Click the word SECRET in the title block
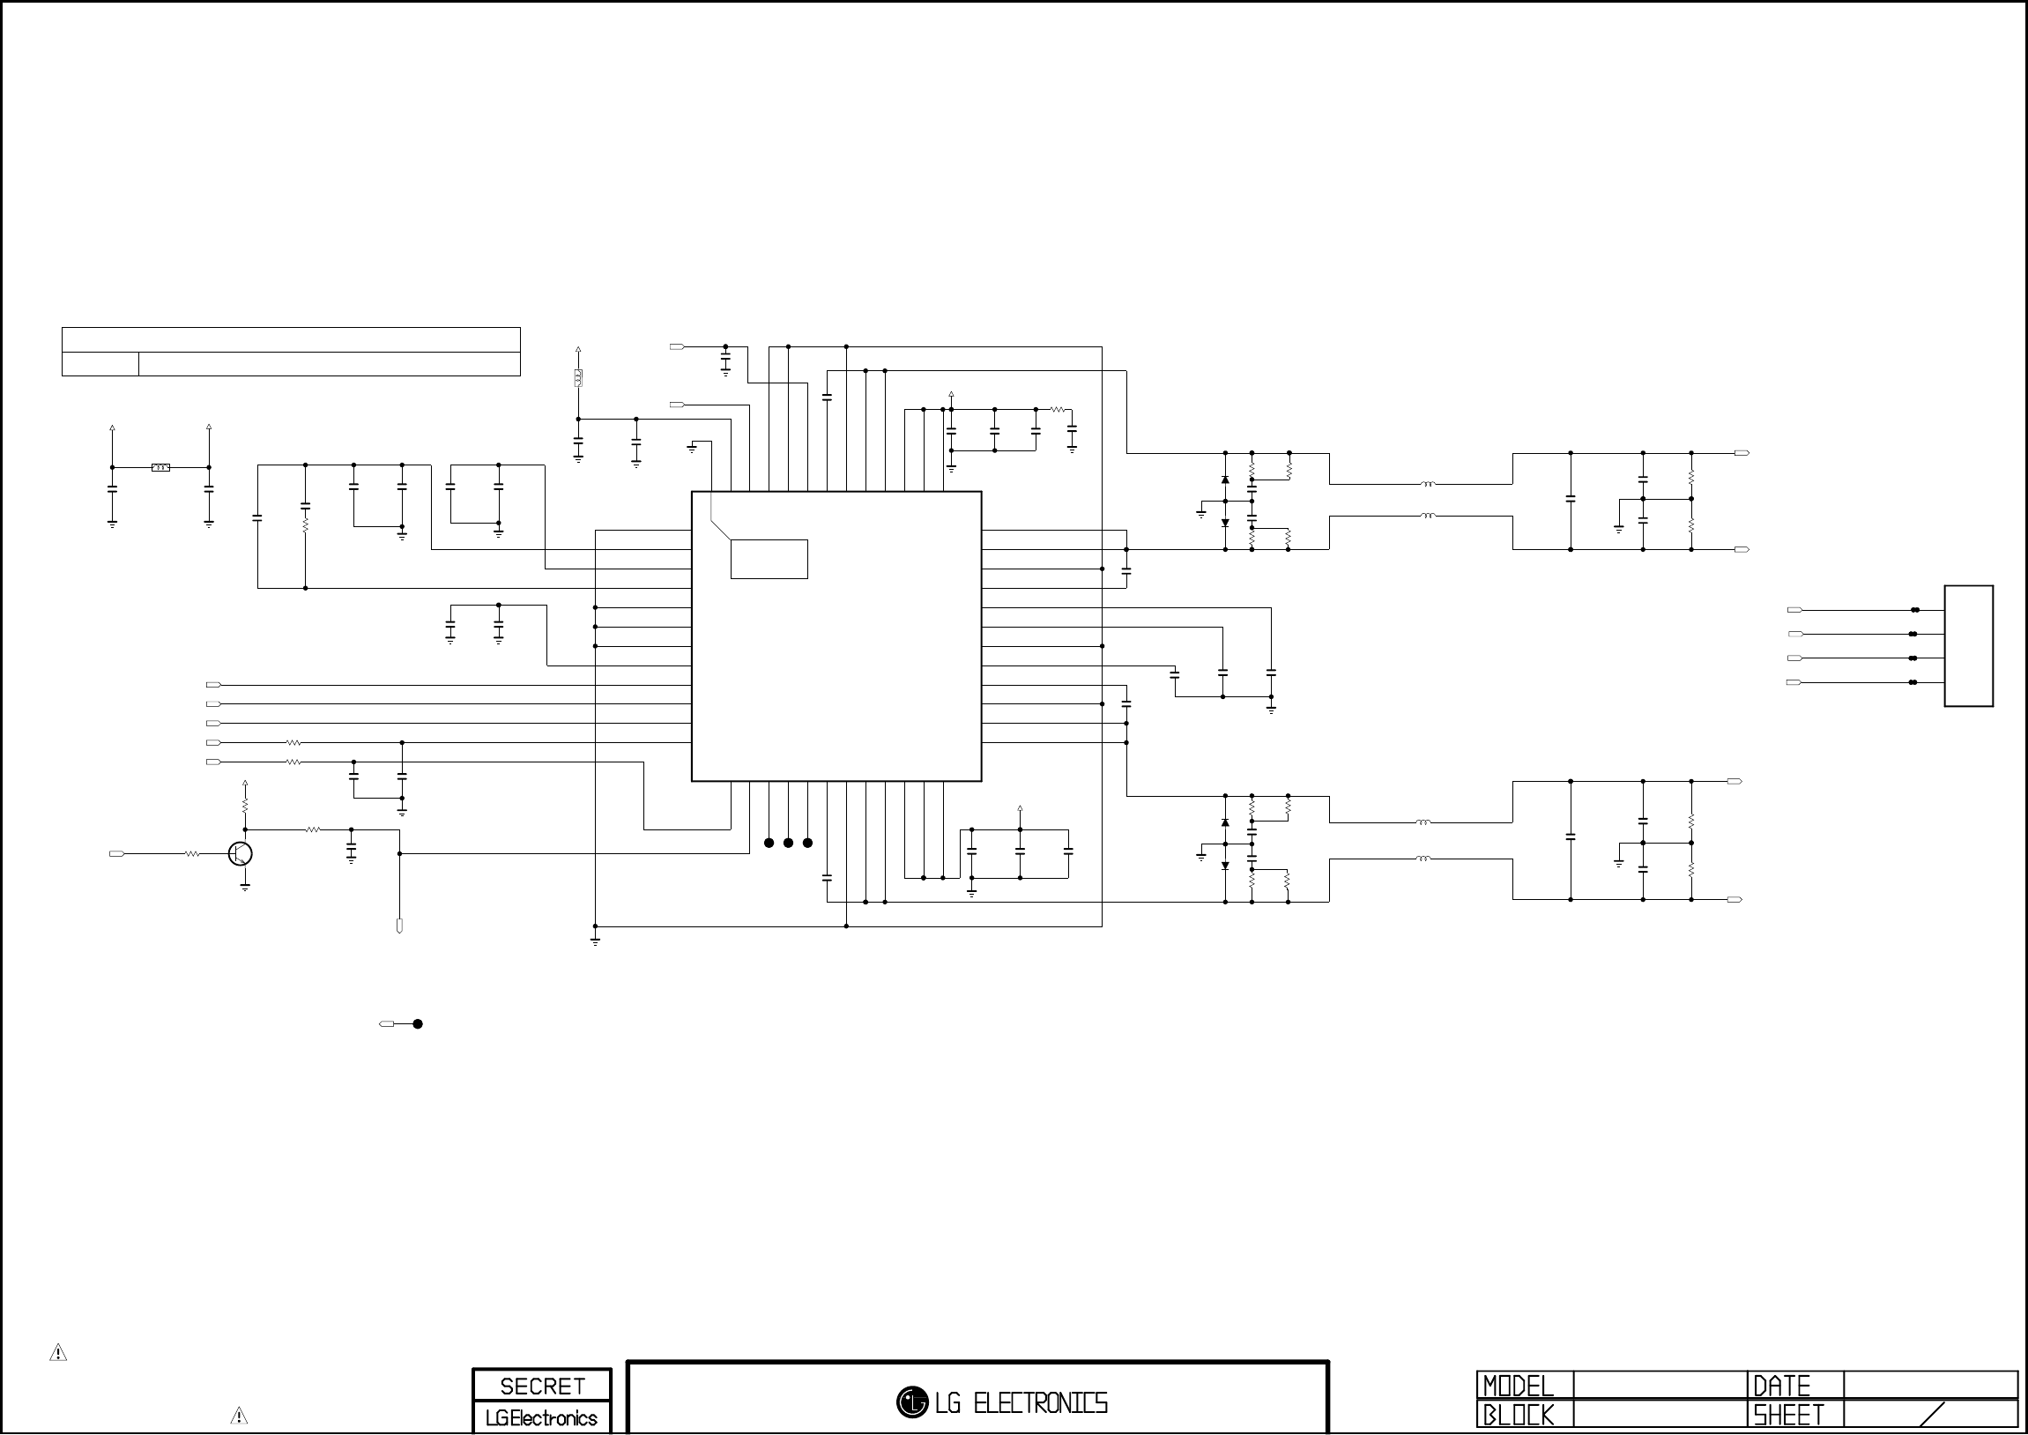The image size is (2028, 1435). coord(541,1387)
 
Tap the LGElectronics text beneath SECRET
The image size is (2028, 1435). coord(541,1418)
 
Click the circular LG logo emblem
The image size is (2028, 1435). coord(911,1402)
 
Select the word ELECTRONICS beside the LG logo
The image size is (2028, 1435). coord(1040,1403)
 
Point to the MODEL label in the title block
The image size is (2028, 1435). coord(1518,1385)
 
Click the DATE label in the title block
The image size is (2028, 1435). coord(1781,1385)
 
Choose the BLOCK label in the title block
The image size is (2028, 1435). coord(1518,1415)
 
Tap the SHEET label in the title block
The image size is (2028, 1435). coord(1788,1415)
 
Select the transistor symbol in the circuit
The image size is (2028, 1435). coord(241,853)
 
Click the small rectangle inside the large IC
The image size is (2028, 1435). coord(769,560)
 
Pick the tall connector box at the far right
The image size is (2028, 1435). coord(1968,646)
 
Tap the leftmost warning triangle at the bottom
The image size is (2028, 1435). coord(58,1353)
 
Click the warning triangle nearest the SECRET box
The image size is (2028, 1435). coord(239,1416)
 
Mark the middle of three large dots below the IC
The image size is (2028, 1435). coord(788,843)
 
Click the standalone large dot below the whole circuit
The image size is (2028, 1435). coord(418,1024)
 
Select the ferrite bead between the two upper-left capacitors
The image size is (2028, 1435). coord(160,467)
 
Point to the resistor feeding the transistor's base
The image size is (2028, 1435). coord(191,854)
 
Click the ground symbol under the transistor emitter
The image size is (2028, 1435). coord(245,886)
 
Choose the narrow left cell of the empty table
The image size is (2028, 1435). coord(100,364)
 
